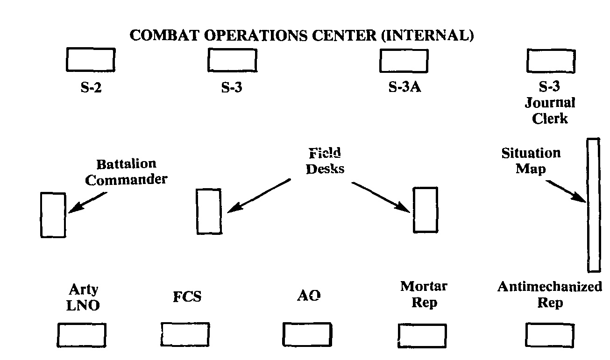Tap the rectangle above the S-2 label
tap(91, 60)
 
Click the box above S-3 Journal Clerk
tap(551, 60)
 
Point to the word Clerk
tap(550, 118)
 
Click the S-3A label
tap(404, 87)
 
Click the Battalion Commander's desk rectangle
tap(53, 215)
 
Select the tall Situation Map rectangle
tap(594, 205)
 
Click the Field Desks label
tap(325, 160)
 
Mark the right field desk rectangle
tap(426, 210)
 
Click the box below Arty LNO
tap(82, 335)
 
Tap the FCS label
tap(187, 296)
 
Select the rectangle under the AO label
tap(307, 334)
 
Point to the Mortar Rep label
tap(424, 294)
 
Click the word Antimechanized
tap(550, 287)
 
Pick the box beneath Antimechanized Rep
tap(550, 335)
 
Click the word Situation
tap(531, 153)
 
